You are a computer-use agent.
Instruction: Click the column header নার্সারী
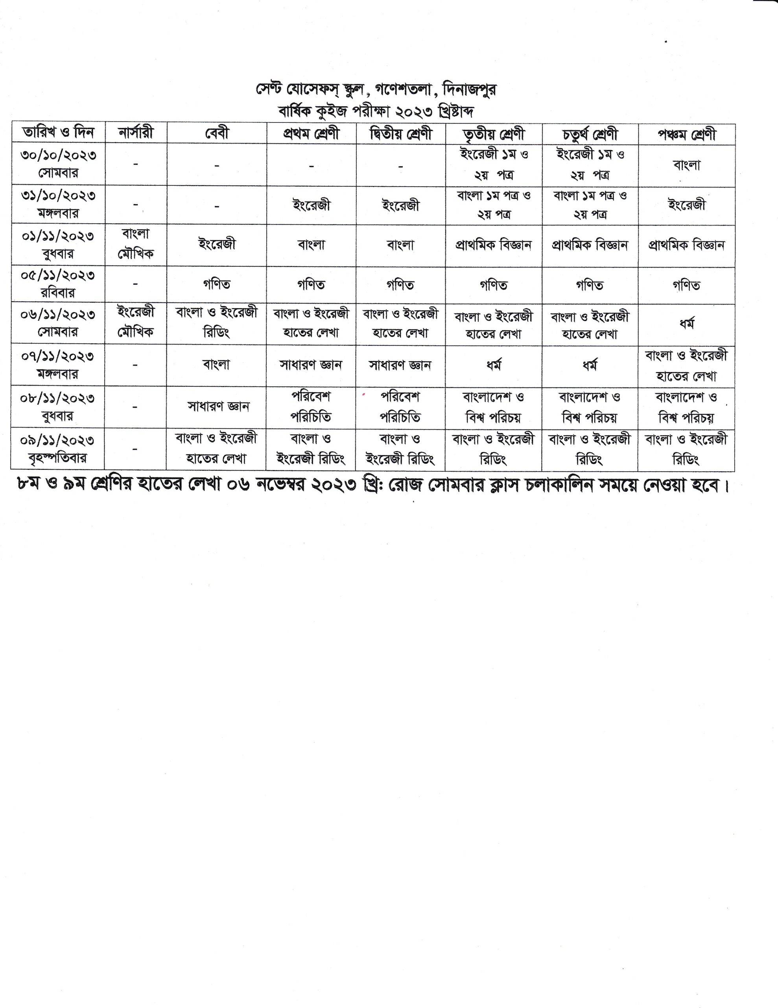pos(136,133)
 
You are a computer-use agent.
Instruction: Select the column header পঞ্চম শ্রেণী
pos(687,134)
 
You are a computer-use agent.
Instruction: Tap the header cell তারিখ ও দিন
pos(58,133)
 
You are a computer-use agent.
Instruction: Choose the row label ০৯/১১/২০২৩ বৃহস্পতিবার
pos(58,448)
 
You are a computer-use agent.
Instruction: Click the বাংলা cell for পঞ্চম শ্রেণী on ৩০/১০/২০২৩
pos(687,165)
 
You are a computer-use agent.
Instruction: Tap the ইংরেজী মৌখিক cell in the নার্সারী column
pos(136,322)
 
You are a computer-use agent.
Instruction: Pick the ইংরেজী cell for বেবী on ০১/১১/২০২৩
pos(217,244)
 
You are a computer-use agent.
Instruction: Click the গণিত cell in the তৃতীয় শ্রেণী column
pos(494,285)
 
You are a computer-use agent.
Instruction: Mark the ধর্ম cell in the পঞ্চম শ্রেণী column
pos(687,324)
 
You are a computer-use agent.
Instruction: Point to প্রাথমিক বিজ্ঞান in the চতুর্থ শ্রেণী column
pos(590,245)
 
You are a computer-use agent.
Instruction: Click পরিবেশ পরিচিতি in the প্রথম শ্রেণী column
pos(311,407)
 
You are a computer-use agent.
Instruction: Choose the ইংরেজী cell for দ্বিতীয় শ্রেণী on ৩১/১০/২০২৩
pos(401,205)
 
